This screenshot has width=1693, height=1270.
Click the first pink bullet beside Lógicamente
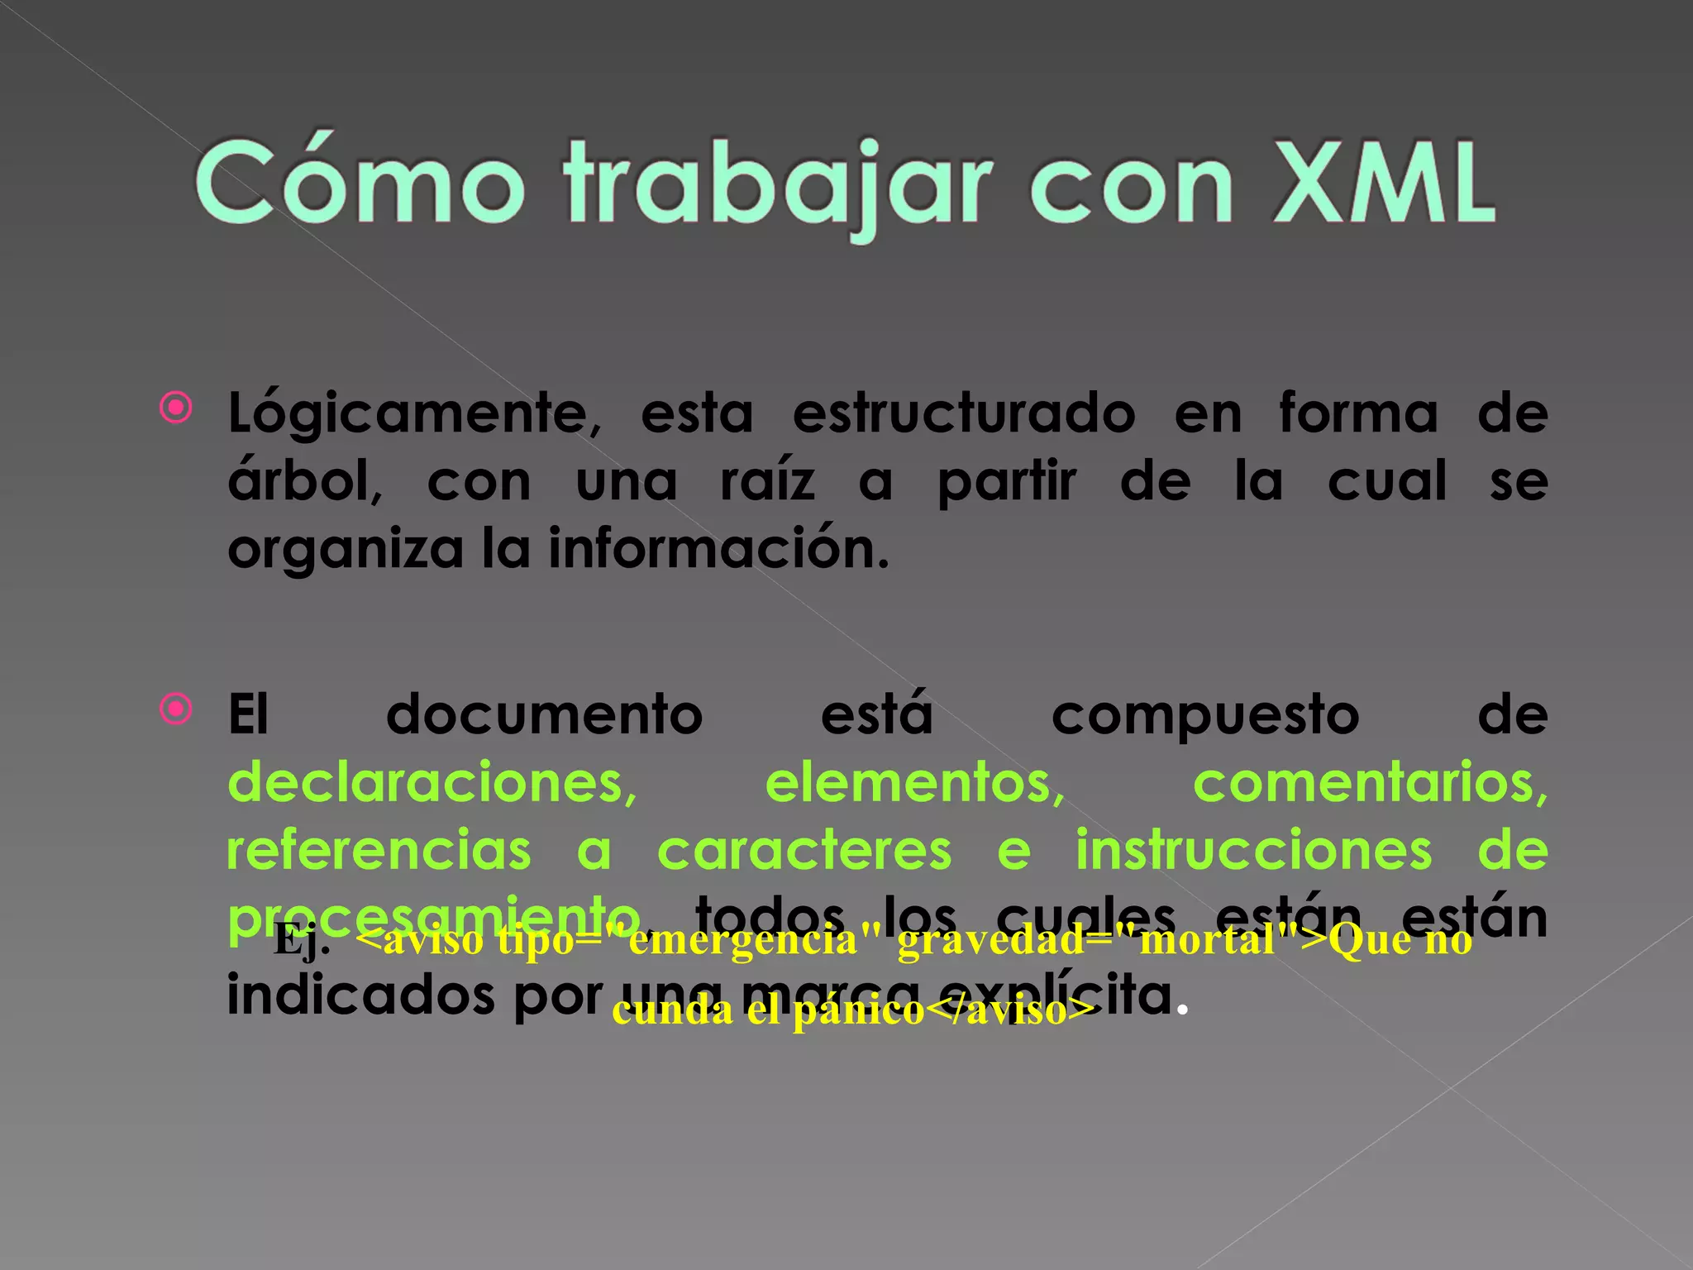[176, 408]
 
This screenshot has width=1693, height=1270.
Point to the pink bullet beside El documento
[176, 709]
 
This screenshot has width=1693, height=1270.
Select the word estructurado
[964, 413]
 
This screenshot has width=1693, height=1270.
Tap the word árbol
[305, 481]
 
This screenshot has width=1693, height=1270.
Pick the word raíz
[767, 481]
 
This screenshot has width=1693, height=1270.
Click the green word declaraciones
[432, 782]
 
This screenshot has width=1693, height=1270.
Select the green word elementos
[914, 782]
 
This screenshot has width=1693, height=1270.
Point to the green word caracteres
[804, 850]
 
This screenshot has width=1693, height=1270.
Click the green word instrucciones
[1254, 850]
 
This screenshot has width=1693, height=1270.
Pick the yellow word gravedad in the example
[990, 941]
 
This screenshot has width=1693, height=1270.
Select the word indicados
[360, 995]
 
